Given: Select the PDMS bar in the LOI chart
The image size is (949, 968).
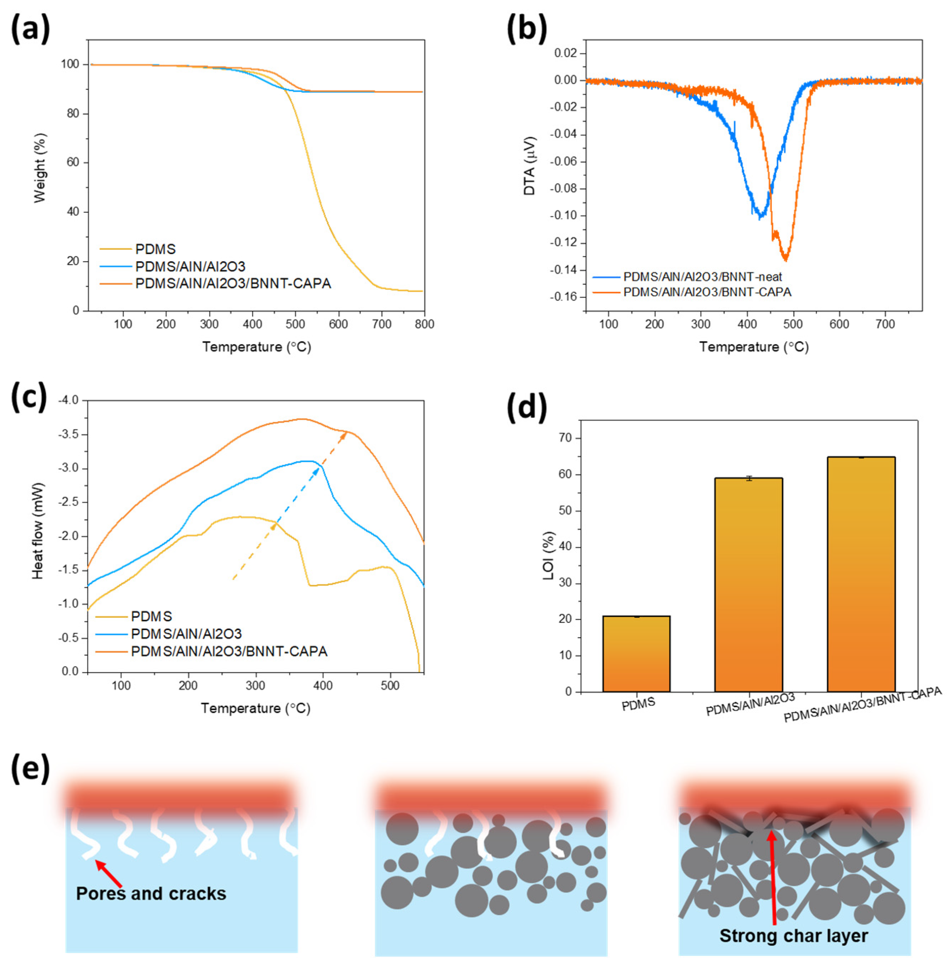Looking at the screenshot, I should click(636, 654).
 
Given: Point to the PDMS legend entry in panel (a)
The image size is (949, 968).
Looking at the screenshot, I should click(156, 249).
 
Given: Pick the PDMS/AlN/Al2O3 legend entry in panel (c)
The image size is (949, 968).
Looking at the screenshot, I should click(186, 634).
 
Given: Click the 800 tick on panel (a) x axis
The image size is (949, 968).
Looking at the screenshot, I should click(424, 324).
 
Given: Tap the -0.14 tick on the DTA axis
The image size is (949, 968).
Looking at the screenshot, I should click(566, 270).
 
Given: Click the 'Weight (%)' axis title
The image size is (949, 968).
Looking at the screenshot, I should click(40, 168).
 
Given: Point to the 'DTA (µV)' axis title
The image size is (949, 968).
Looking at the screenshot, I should click(530, 166).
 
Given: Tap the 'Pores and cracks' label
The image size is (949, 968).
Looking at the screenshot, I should click(151, 894).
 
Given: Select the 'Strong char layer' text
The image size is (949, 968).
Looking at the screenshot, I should click(793, 936).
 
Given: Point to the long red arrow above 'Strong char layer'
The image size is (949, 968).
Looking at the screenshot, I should click(773, 878).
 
